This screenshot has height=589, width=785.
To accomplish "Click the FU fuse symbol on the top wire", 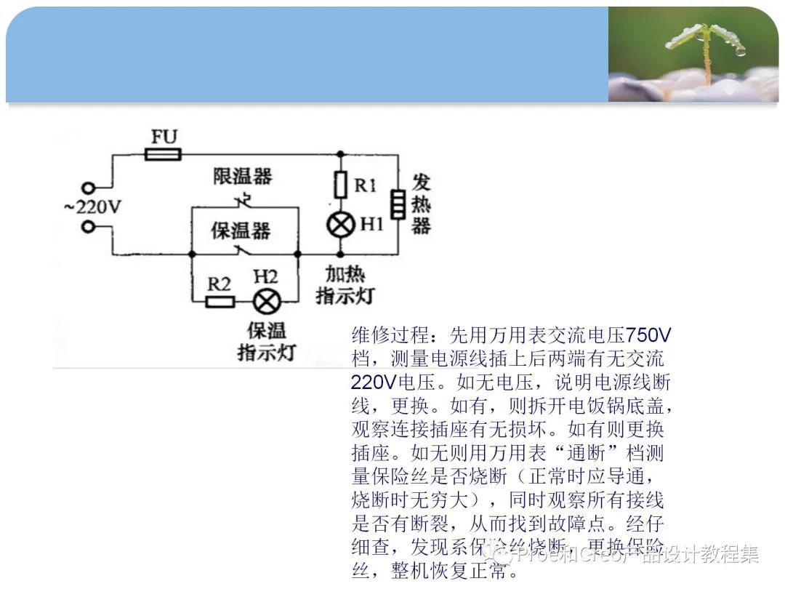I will tap(162, 154).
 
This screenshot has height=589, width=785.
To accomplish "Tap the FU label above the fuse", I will tap(164, 136).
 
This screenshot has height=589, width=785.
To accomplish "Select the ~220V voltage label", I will tap(92, 207).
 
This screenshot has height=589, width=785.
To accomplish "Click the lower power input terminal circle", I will tap(89, 227).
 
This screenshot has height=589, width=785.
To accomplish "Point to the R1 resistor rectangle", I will tap(340, 185).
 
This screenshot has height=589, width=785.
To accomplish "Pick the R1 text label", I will tap(365, 185).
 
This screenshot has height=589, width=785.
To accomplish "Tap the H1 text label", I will tap(371, 224).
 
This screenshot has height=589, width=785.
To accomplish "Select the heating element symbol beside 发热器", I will tap(398, 204).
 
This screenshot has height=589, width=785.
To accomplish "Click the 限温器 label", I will tap(242, 176).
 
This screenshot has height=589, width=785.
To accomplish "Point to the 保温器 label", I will tap(241, 231).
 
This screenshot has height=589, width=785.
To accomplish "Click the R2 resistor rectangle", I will tap(220, 301).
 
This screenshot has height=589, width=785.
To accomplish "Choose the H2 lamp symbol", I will tap(265, 300).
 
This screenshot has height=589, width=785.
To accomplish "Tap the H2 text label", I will tap(265, 277).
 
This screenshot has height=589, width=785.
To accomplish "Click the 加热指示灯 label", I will tap(345, 284).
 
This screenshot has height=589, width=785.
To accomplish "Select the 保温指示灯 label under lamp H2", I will tap(266, 341).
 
